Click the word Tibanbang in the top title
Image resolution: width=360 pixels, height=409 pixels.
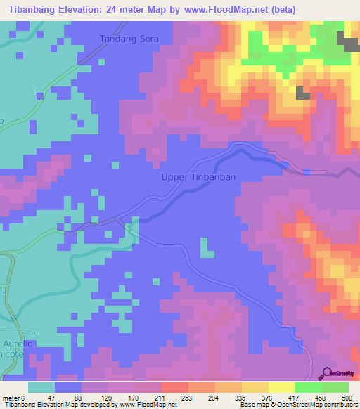[x=36, y=10]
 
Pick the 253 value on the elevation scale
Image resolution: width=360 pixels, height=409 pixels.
[x=178, y=397]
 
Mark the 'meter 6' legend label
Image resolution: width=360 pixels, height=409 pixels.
[x=15, y=397]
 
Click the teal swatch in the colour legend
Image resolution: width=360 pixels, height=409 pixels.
[x=41, y=387]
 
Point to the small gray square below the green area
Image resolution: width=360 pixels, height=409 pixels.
[x=303, y=93]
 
